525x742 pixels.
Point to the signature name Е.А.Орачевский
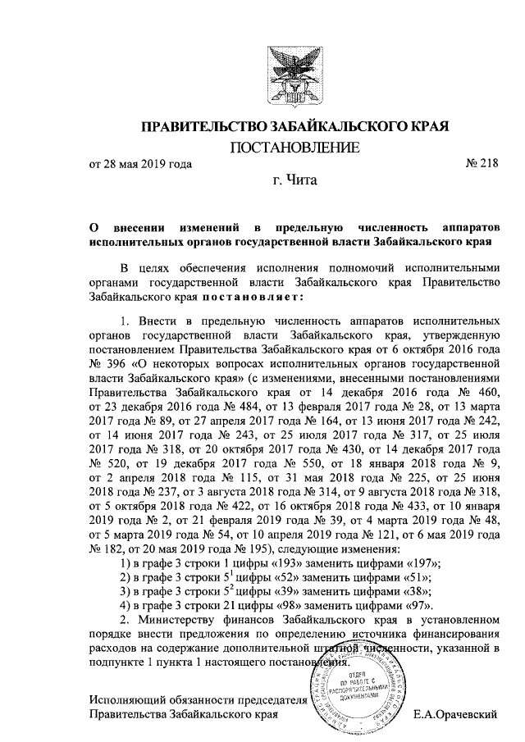(455, 714)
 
